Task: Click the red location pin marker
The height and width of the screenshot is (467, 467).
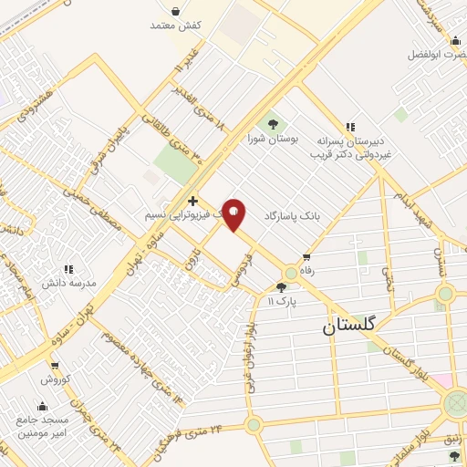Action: point(234,214)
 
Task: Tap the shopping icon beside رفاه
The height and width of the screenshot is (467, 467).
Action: point(307,257)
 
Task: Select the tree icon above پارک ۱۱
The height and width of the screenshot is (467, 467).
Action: point(279,287)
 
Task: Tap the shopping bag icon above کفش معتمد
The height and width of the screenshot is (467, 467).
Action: point(175,12)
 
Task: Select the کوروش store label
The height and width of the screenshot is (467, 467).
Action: point(54,378)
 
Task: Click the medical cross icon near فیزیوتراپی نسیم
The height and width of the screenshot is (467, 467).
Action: point(192,200)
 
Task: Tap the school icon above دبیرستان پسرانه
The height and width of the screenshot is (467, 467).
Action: point(348,128)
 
